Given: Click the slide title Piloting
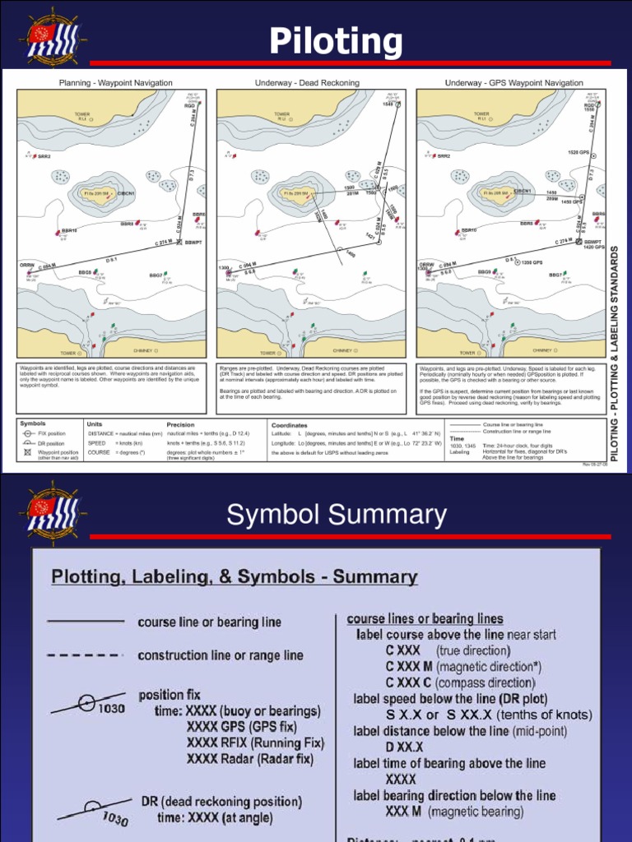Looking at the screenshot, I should (x=337, y=40).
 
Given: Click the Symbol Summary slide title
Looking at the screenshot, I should (x=337, y=515).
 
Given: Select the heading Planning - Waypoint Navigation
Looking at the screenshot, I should (x=115, y=83).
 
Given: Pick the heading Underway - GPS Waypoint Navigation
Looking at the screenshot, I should (x=513, y=83).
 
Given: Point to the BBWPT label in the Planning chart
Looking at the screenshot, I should (x=193, y=243).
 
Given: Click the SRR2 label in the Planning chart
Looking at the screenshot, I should (x=43, y=156).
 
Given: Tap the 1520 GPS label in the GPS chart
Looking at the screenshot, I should (x=579, y=152).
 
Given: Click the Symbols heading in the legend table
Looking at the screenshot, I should (x=33, y=424).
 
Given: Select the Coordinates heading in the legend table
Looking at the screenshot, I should (x=289, y=425).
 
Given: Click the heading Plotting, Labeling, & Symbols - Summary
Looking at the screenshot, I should (x=235, y=576).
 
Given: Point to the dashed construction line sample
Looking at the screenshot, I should (x=86, y=655).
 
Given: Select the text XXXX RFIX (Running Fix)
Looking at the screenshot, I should (x=255, y=743).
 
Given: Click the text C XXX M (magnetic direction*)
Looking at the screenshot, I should (x=463, y=666).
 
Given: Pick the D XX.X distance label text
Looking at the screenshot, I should (x=404, y=747).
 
